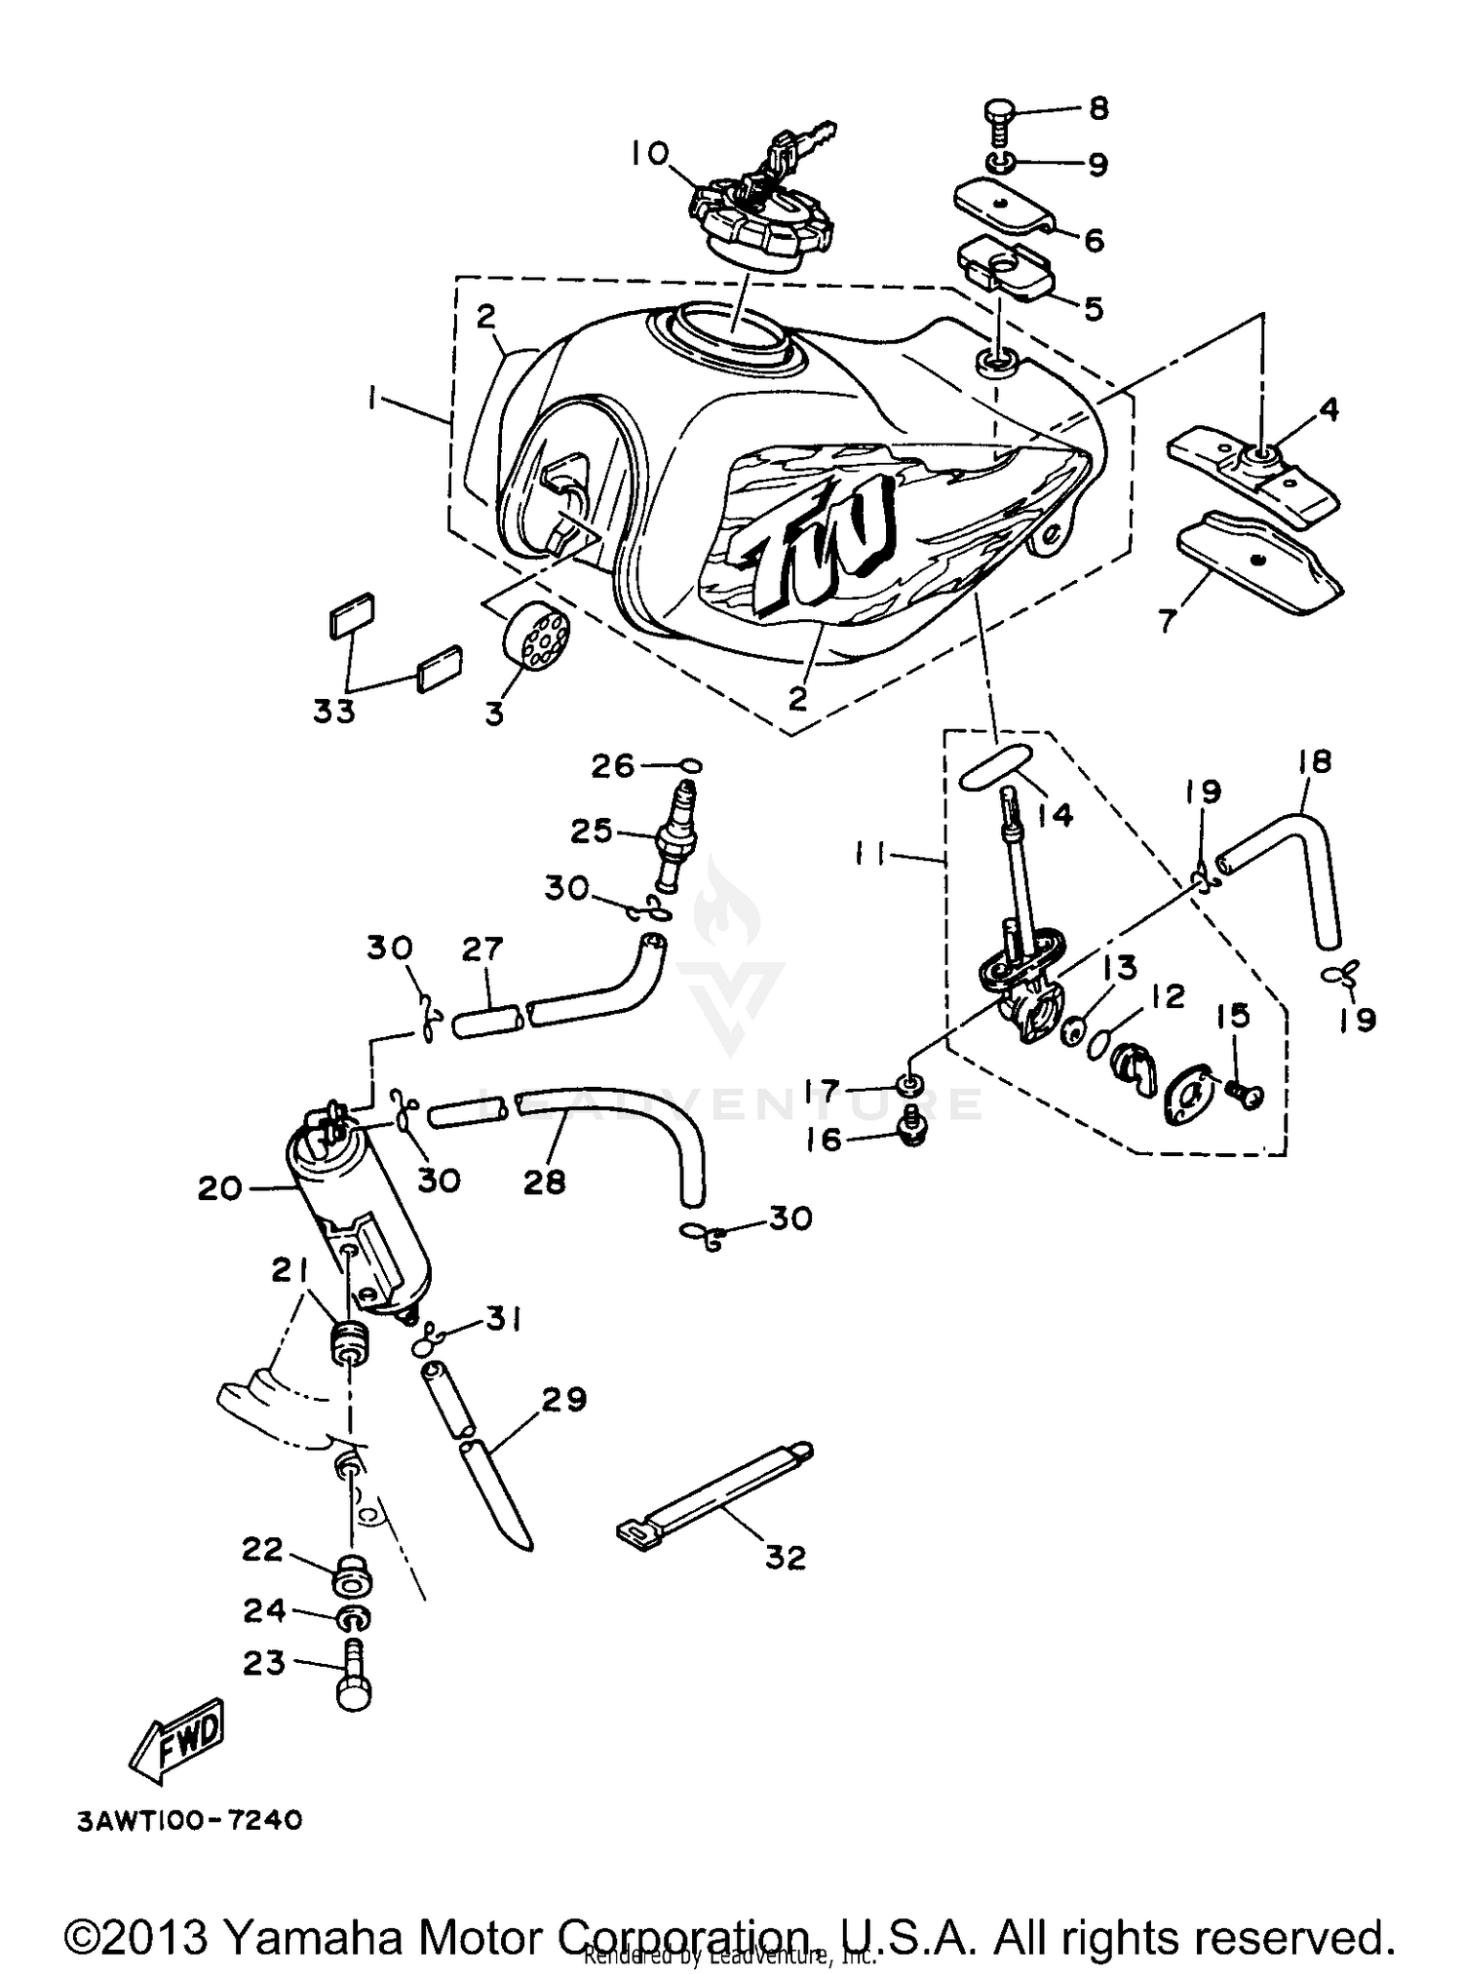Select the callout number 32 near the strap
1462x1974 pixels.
tap(785, 1557)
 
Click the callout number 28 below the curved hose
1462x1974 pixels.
tap(544, 1181)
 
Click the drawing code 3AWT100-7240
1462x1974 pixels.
tap(190, 1820)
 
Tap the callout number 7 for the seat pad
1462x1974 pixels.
tap(1168, 620)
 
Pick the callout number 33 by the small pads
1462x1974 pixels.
tap(333, 711)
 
